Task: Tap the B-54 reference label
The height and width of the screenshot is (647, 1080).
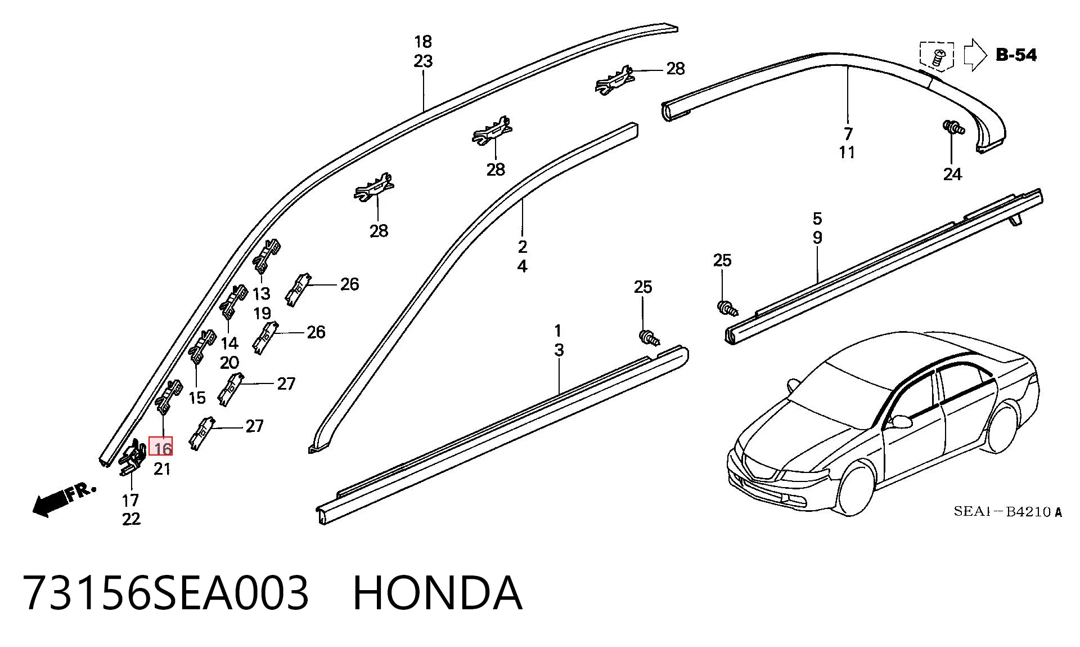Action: pos(1016,55)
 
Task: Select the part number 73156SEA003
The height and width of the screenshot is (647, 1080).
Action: pos(166,593)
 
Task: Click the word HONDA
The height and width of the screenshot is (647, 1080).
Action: pos(438,593)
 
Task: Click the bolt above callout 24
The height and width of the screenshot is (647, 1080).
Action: pos(953,127)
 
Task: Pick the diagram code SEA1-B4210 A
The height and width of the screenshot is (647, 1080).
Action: pos(1007,512)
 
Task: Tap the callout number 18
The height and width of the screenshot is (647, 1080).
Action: pos(423,42)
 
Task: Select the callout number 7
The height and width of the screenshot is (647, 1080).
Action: pos(848,133)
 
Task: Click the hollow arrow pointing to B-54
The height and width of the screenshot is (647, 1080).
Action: pos(975,55)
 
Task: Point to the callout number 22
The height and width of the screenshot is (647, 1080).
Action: pos(131,519)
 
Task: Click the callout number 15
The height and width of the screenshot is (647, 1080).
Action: pos(197,398)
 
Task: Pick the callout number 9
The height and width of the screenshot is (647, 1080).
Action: pos(817,238)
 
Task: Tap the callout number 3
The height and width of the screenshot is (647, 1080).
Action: pos(559,350)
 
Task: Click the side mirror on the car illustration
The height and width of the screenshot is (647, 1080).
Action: pos(899,421)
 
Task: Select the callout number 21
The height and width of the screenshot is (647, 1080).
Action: pos(162,469)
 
